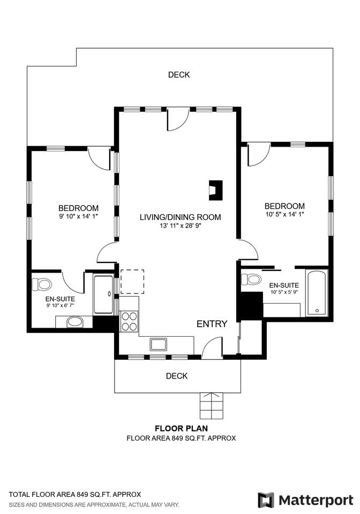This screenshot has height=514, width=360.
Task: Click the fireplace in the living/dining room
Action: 216,190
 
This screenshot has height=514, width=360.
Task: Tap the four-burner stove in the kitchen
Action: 129,321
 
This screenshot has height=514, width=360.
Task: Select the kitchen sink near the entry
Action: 159,344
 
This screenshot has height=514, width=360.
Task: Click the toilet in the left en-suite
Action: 42,284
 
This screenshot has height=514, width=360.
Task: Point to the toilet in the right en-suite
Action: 251,279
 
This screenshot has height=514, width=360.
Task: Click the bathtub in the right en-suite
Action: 317,293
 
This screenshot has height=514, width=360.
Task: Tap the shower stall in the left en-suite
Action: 103,294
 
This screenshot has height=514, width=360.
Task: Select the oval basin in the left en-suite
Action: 75,322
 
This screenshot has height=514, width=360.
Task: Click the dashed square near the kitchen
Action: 132,282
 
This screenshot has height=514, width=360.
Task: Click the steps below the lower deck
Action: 212,405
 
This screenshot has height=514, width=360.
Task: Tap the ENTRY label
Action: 212,324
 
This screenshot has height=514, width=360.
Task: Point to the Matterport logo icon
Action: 266,500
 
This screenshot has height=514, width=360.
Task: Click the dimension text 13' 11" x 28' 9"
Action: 181,225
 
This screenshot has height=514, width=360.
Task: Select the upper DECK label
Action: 179,75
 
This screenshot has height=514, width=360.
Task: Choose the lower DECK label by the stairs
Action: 177,376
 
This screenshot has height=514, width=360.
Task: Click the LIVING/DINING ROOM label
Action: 181,217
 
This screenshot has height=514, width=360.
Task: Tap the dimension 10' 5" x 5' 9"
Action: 284,292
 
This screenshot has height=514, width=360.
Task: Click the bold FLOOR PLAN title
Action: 181,428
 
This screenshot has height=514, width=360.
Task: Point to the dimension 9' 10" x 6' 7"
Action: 60,306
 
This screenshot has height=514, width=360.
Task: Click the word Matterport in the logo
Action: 316,501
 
